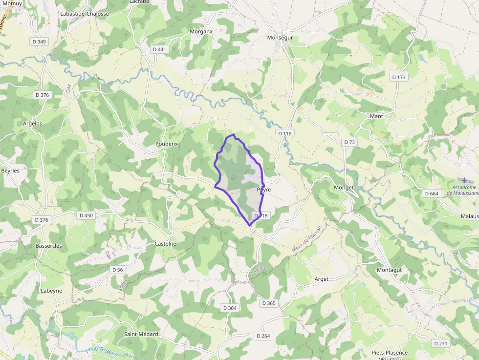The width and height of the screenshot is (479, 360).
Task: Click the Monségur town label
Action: (280, 38)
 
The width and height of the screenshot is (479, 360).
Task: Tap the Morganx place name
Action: (201, 32)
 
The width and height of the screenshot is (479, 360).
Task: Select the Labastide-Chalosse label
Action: (85, 14)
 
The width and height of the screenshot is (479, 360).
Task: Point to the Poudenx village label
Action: (166, 144)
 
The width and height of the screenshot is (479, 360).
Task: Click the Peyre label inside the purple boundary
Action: (263, 190)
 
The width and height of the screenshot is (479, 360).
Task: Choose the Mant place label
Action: (376, 116)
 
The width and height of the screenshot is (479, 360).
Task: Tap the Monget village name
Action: (343, 188)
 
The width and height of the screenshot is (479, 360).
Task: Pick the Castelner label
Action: (166, 244)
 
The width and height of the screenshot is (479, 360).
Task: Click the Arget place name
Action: (322, 279)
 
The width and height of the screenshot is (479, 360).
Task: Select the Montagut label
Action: (389, 270)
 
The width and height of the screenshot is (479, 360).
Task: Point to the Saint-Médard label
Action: (141, 334)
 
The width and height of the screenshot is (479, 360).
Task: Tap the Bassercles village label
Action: (48, 246)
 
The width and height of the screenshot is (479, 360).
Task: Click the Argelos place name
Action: (32, 124)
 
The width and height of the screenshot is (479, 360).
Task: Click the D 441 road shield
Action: (159, 49)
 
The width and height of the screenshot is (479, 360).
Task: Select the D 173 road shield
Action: (399, 77)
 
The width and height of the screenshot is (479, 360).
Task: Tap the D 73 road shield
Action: (349, 142)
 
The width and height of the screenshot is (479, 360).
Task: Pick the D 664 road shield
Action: (432, 194)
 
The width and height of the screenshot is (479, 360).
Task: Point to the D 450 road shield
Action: (86, 215)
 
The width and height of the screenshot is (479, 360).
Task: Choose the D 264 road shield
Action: (263, 336)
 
